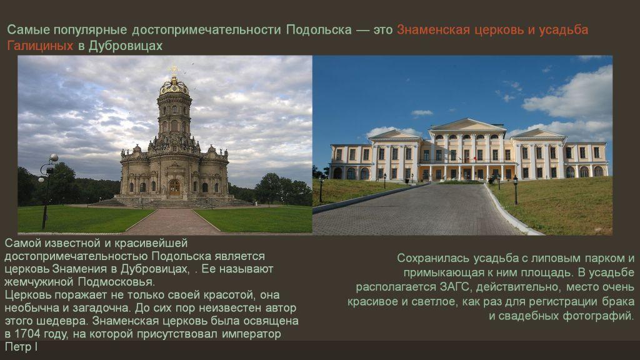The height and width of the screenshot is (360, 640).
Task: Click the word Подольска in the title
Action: click(x=319, y=30)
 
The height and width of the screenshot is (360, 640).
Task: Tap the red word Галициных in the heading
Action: click(x=40, y=46)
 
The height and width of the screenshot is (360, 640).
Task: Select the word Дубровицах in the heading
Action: click(x=125, y=46)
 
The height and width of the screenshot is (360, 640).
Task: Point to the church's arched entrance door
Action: click(x=174, y=187)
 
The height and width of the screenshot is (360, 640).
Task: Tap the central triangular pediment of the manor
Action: click(x=467, y=125)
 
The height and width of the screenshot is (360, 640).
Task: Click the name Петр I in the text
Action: click(x=21, y=347)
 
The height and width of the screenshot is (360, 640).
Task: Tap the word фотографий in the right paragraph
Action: click(x=598, y=316)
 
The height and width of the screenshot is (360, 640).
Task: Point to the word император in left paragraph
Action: click(x=251, y=334)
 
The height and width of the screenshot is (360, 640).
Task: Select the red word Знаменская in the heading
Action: click(x=433, y=30)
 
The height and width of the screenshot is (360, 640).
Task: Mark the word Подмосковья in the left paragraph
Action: click(x=116, y=282)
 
